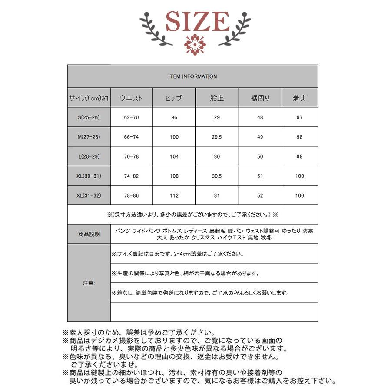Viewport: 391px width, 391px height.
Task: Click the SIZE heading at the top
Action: [x=198, y=21]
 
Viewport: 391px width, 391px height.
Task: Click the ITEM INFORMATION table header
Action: [x=192, y=76]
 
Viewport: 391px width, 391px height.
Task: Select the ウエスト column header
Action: [x=131, y=98]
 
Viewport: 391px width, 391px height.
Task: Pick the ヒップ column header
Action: [x=174, y=98]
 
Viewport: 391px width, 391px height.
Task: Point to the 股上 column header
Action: [x=217, y=98]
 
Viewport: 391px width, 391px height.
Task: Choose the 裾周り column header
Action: [x=260, y=98]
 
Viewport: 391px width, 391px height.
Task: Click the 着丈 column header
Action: [x=300, y=98]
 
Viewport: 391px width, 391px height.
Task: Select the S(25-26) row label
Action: [x=89, y=118]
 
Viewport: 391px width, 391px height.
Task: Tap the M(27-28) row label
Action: [x=89, y=137]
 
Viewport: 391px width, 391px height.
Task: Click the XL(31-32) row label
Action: [x=89, y=195]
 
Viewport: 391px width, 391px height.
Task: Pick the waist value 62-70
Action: [x=131, y=118]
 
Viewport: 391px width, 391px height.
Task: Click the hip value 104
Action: [x=174, y=156]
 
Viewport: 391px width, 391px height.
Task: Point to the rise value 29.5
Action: [x=217, y=137]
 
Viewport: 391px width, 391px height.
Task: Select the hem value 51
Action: [x=260, y=176]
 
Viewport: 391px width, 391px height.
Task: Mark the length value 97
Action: [x=300, y=118]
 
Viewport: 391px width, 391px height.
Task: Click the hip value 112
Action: [x=174, y=195]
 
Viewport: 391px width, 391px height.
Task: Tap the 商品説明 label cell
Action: [x=89, y=234]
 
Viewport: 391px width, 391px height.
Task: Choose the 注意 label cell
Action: [x=89, y=283]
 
